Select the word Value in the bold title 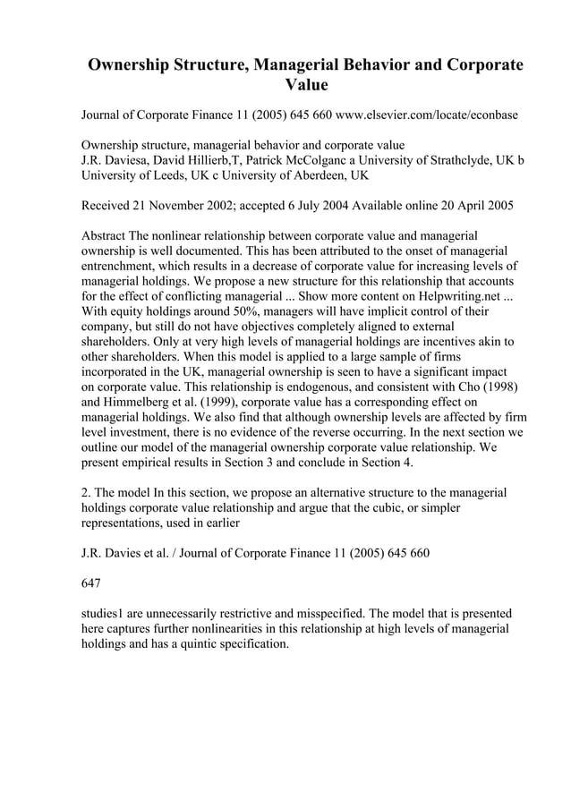[x=306, y=86]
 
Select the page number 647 [x=91, y=583]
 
